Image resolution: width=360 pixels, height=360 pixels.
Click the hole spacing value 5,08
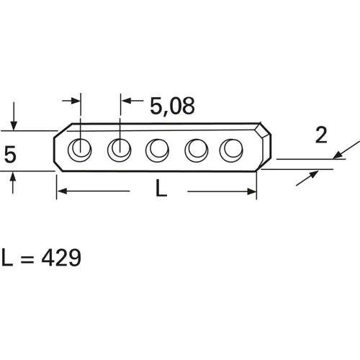[x=172, y=106]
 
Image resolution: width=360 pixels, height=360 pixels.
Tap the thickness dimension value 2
[x=322, y=135]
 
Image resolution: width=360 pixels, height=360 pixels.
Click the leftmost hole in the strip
[x=78, y=150]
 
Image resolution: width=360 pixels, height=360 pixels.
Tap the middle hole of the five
[x=156, y=150]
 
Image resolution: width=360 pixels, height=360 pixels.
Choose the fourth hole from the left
[x=194, y=150]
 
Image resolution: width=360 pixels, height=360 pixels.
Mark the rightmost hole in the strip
[x=231, y=150]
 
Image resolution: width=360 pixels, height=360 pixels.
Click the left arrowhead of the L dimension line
[x=61, y=192]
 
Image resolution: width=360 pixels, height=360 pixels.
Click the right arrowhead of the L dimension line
[x=252, y=192]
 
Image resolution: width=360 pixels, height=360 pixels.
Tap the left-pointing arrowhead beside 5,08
[x=125, y=102]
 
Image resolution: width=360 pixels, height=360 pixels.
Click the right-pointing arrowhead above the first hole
[x=74, y=102]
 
